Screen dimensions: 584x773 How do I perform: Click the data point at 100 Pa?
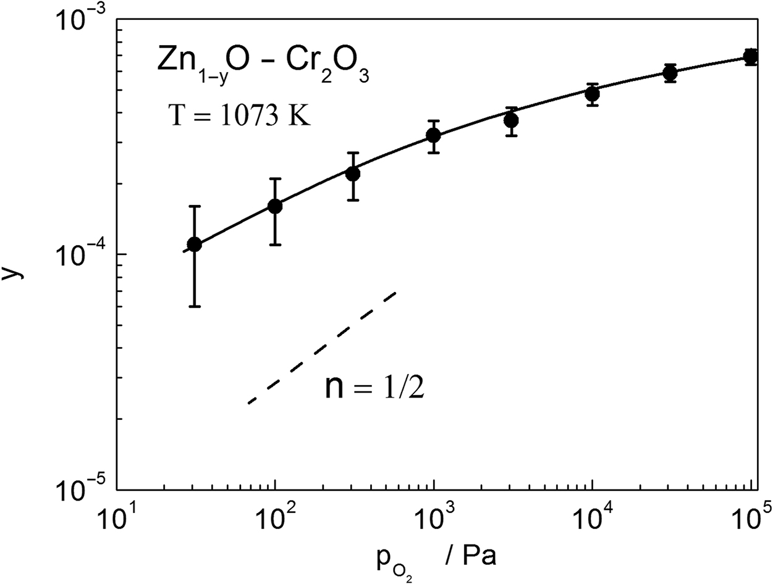click(x=275, y=206)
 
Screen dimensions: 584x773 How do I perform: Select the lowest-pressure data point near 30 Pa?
click(x=195, y=244)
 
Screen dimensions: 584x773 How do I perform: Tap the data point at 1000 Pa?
click(x=434, y=136)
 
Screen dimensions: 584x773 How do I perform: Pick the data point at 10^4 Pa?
click(x=593, y=94)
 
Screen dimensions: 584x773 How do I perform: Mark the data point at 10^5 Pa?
click(x=751, y=57)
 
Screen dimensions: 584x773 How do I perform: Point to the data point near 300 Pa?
click(x=353, y=174)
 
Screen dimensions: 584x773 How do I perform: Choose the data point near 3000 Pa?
click(x=511, y=120)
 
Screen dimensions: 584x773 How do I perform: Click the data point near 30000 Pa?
click(x=670, y=73)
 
